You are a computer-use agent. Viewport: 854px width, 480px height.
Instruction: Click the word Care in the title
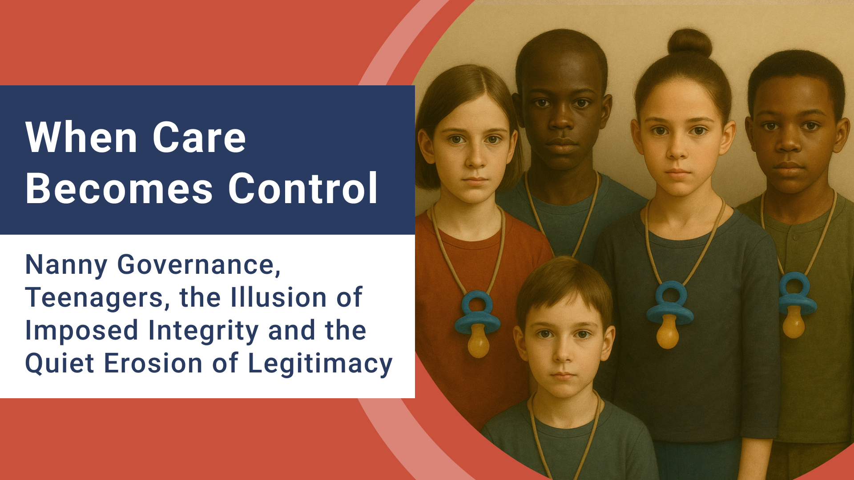pyautogui.click(x=199, y=138)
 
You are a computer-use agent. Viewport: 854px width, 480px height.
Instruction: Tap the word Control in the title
pyautogui.click(x=303, y=188)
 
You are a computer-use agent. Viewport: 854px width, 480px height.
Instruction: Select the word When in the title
pyautogui.click(x=81, y=138)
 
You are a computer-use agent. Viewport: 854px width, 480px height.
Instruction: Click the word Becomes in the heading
pyautogui.click(x=119, y=188)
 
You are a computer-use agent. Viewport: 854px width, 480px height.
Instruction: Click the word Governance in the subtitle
pyautogui.click(x=199, y=265)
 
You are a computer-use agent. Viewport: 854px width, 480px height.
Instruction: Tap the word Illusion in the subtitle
pyautogui.click(x=278, y=298)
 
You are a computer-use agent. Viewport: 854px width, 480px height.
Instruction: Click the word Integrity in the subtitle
pyautogui.click(x=203, y=331)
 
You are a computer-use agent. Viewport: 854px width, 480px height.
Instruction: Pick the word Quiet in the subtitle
pyautogui.click(x=60, y=364)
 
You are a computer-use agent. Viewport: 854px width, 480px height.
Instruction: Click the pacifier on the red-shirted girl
pyautogui.click(x=477, y=324)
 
